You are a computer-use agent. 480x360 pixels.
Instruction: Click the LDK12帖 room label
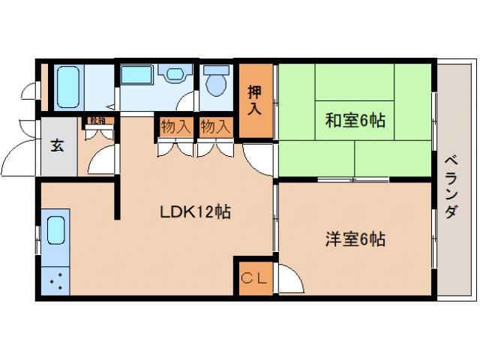pyautogui.click(x=194, y=212)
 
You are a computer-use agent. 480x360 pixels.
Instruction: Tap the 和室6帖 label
pyautogui.click(x=355, y=120)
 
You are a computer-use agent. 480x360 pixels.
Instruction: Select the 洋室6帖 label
pyautogui.click(x=355, y=240)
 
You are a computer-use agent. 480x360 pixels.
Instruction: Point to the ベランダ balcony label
pyautogui.click(x=450, y=187)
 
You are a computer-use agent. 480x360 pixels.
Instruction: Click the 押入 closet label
pyautogui.click(x=255, y=100)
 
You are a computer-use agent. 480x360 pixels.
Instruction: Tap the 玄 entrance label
pyautogui.click(x=58, y=145)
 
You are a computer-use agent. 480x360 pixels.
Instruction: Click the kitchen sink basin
pyautogui.click(x=56, y=230)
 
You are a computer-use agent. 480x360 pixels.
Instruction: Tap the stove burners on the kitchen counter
pyautogui.click(x=55, y=283)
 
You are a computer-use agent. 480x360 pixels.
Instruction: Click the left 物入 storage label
pyautogui.click(x=175, y=126)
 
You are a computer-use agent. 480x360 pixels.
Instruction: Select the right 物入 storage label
pyautogui.click(x=215, y=126)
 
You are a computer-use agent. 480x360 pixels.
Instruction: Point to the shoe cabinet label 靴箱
pyautogui.click(x=97, y=120)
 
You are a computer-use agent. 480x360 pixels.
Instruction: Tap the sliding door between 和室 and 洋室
pyautogui.click(x=352, y=180)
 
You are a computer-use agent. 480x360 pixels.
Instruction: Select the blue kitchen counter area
pyautogui.click(x=55, y=255)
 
